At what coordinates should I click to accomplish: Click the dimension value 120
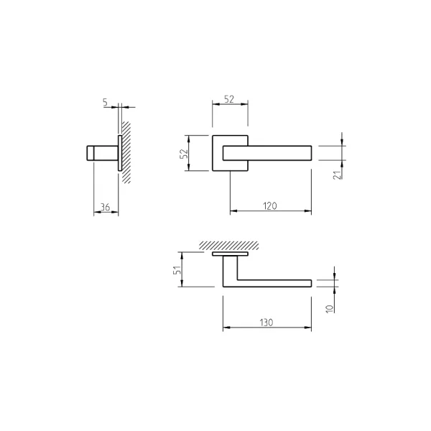[269, 206]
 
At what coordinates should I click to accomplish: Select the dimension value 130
[266, 323]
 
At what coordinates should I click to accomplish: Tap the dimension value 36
[106, 207]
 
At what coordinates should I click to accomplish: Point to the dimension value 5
[106, 102]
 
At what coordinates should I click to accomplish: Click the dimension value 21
[338, 175]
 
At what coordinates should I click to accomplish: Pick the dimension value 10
[329, 308]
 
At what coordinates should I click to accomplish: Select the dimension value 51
[177, 269]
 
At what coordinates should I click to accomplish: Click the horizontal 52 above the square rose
[229, 99]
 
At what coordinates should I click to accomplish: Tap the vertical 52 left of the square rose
[184, 154]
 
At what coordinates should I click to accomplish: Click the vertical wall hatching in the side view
[126, 152]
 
